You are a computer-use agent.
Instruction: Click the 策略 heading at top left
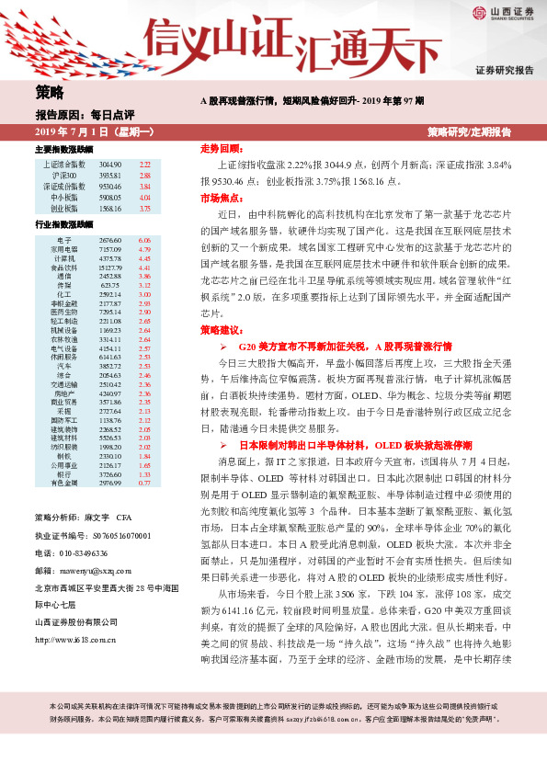[x=50, y=92]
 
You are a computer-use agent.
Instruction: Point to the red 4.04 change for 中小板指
[x=144, y=197]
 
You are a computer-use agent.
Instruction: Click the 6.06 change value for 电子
[x=144, y=239]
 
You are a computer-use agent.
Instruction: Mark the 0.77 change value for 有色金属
[x=144, y=482]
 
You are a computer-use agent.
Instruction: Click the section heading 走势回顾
[x=220, y=148]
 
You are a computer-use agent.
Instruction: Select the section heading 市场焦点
[x=220, y=198]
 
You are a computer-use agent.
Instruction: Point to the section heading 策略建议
[x=220, y=329]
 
